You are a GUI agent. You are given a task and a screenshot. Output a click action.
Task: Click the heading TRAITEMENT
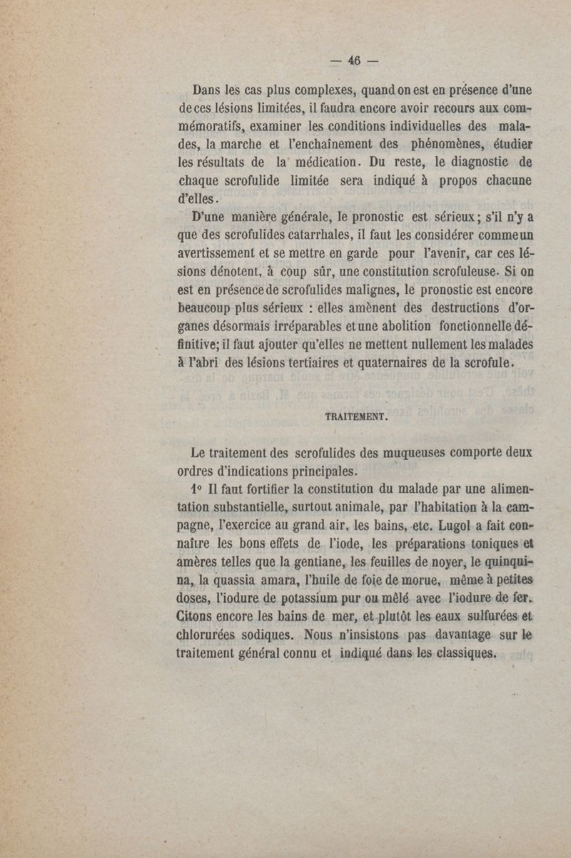[355, 415]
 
